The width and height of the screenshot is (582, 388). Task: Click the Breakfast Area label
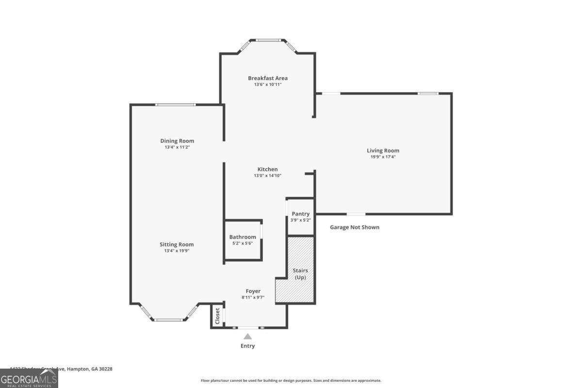click(268, 78)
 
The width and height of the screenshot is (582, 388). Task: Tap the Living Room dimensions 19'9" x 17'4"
click(383, 157)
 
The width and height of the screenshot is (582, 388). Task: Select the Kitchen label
click(267, 169)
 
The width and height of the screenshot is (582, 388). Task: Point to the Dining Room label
click(177, 141)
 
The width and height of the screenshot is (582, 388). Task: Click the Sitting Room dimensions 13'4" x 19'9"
click(177, 251)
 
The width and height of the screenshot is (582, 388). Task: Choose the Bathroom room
click(242, 240)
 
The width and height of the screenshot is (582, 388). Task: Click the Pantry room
click(301, 216)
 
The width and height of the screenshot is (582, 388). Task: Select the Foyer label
click(253, 291)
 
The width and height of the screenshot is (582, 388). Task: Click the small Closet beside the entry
click(217, 316)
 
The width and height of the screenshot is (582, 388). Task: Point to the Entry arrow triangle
click(247, 336)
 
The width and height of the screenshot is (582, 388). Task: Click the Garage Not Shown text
click(355, 227)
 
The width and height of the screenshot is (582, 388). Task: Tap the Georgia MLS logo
click(29, 378)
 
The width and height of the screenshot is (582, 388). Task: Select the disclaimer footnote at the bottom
click(291, 381)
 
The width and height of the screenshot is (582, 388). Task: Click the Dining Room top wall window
click(175, 104)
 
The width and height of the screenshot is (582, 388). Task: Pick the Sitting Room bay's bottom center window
click(169, 320)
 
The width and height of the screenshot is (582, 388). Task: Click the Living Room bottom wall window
click(356, 214)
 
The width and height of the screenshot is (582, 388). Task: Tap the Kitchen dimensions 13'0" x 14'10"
click(267, 176)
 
